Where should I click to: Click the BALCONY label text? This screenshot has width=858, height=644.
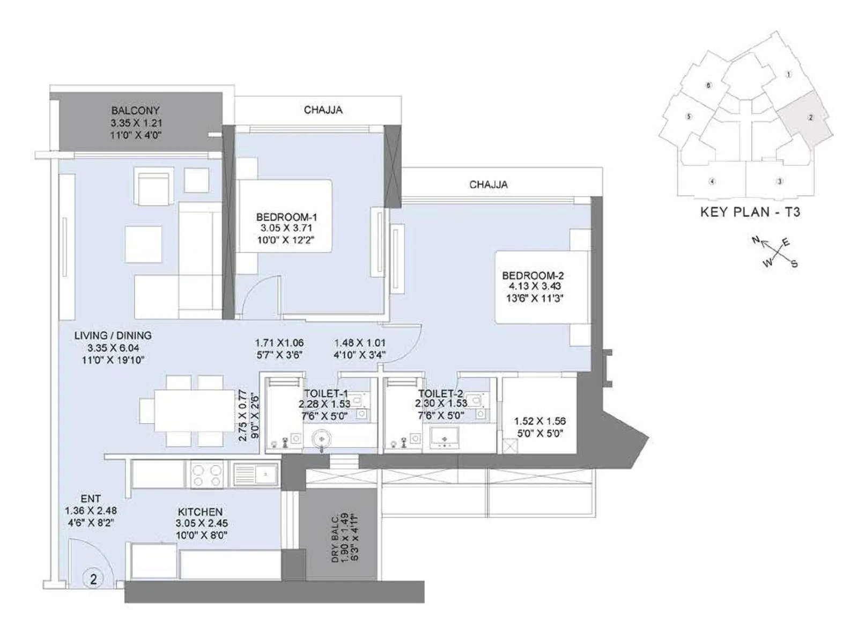[136, 111]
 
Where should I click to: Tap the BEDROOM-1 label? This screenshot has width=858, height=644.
[286, 217]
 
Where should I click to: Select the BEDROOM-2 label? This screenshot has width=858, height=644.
[532, 275]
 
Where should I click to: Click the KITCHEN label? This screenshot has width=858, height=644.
[200, 512]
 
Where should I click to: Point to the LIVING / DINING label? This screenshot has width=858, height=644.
[113, 335]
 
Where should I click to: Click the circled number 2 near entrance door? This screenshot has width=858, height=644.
[94, 579]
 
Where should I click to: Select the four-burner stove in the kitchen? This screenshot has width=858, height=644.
[207, 475]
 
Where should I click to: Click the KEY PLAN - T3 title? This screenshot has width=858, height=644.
[750, 212]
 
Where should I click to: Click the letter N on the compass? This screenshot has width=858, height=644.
[756, 240]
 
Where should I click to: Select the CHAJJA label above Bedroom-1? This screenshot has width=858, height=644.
[323, 110]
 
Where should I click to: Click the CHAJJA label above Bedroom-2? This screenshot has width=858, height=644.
[488, 185]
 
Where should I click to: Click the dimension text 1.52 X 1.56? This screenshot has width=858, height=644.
[539, 421]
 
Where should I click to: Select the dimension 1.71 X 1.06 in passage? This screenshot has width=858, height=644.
[279, 342]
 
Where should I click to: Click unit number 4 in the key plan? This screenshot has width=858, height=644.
[712, 181]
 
